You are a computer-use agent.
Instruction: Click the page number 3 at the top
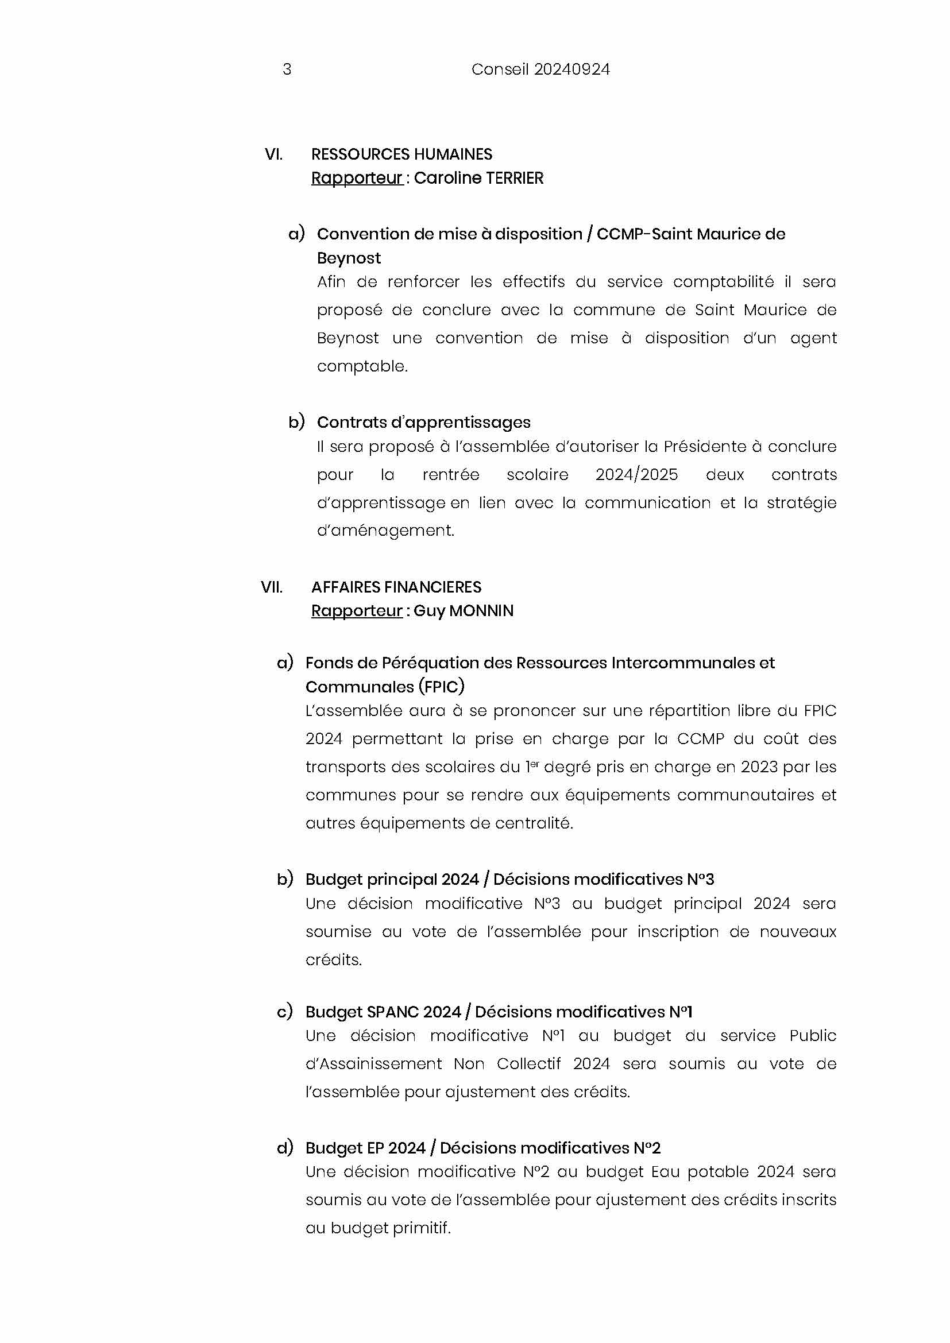(287, 69)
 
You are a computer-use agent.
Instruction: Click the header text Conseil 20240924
(540, 69)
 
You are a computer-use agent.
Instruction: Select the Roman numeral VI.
(273, 154)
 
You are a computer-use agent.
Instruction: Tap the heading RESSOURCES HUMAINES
(401, 154)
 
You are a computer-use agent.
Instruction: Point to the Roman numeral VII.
(272, 587)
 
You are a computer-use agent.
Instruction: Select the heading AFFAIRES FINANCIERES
(396, 587)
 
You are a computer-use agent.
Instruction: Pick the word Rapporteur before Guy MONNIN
(356, 611)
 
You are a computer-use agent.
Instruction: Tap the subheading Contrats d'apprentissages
(423, 423)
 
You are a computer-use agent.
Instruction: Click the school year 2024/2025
(636, 474)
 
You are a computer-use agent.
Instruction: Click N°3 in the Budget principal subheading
(700, 879)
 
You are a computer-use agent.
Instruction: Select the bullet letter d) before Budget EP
(284, 1148)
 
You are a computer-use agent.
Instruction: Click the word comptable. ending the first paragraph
(361, 366)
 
